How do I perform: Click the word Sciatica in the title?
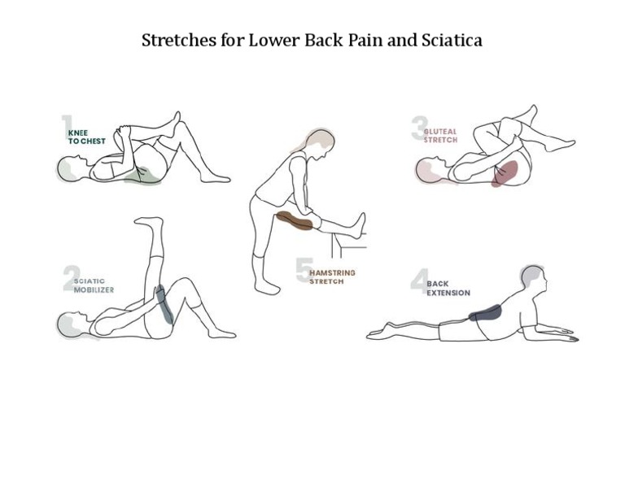point(451,40)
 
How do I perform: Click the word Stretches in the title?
point(172,40)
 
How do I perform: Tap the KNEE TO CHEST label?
point(86,137)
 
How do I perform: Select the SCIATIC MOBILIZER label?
point(94,285)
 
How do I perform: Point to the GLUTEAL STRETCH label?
point(440,136)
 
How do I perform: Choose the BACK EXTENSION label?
point(448,289)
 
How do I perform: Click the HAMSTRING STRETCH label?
point(332,277)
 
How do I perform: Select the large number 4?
point(418,282)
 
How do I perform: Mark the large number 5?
point(304,271)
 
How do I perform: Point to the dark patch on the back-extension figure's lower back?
point(486,311)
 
